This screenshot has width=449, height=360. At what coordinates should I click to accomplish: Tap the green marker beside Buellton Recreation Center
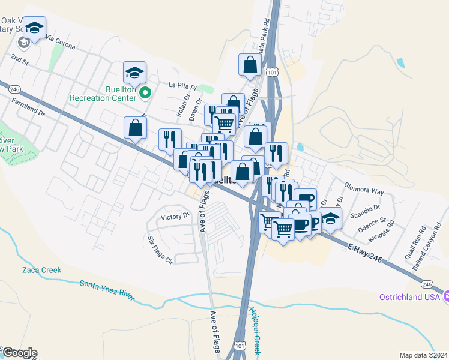(145, 93)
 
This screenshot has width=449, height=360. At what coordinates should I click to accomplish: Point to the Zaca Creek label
(42, 270)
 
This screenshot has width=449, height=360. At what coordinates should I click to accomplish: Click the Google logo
(19, 353)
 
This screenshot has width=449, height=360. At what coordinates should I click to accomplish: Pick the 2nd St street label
(20, 59)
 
